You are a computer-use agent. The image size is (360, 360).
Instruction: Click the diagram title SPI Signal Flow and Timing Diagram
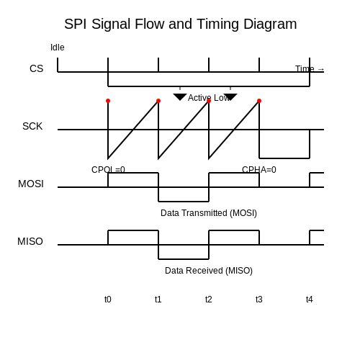[x=181, y=24]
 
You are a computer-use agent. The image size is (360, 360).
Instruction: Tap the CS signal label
[x=37, y=68]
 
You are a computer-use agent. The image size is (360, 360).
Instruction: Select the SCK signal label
[x=32, y=126]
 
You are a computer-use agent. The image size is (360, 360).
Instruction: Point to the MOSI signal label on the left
[x=31, y=184]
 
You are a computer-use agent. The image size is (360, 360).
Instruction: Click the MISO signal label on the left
[x=30, y=241]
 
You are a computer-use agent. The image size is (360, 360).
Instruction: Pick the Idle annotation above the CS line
[x=58, y=48]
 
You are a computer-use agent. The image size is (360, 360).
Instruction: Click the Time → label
[x=310, y=69]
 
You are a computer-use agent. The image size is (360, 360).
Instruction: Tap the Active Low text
[x=209, y=98]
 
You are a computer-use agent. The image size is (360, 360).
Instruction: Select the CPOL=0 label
[x=108, y=170]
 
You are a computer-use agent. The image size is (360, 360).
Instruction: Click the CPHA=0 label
[x=259, y=170]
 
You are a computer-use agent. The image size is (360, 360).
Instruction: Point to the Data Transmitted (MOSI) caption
[x=209, y=213]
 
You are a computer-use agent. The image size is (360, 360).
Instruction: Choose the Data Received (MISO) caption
[x=209, y=271]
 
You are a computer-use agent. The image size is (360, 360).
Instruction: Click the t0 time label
[x=108, y=300]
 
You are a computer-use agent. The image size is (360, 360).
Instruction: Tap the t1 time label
[x=158, y=300]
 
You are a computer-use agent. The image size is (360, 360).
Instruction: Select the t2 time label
[x=209, y=300]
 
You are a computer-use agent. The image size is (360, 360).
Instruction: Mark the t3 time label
[x=259, y=300]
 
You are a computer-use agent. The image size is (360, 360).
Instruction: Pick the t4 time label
[x=310, y=300]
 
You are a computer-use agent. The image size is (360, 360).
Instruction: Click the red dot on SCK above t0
[x=108, y=101]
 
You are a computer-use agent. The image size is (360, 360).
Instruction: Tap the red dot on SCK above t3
[x=259, y=101]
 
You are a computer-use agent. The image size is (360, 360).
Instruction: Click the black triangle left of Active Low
[x=180, y=96]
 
